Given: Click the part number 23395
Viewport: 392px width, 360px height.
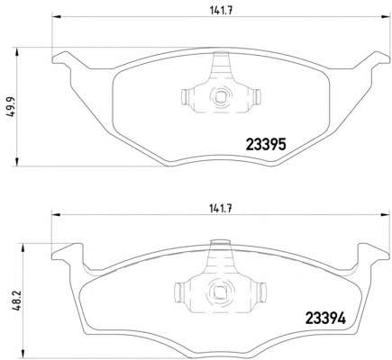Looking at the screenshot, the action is click(266, 145).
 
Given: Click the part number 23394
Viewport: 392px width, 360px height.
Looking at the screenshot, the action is click(325, 319).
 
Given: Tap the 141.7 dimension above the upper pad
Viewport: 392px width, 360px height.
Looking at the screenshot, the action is click(222, 11).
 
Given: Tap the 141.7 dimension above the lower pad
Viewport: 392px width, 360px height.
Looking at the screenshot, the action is click(221, 209).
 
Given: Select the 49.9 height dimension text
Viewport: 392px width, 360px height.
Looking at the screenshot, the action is click(12, 106).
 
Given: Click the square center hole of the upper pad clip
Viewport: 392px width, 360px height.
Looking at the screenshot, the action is click(221, 96).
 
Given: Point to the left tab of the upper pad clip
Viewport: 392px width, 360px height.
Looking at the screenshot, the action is click(185, 97).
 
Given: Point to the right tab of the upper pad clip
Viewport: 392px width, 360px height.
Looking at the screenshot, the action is click(257, 97).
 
